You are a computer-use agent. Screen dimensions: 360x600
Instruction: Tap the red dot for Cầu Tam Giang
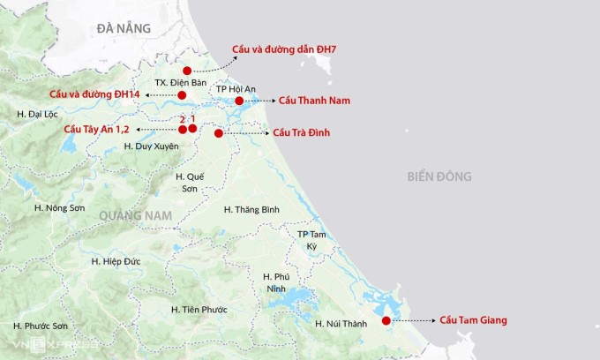tap(386, 320)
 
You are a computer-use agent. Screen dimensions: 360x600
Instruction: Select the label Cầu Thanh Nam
tap(313, 101)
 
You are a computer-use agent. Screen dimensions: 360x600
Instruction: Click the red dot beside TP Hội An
tap(239, 101)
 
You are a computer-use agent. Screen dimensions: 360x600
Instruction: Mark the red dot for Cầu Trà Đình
tap(218, 132)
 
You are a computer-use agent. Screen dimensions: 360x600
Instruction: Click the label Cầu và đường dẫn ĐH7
tap(285, 49)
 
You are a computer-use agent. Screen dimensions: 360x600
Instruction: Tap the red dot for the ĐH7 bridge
tap(187, 71)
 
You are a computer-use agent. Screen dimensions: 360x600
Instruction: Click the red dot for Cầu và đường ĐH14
tap(182, 94)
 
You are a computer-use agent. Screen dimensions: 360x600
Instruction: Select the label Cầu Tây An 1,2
tap(97, 130)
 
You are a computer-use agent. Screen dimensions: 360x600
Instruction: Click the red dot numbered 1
tap(192, 130)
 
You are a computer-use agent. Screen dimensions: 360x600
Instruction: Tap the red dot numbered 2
tap(183, 130)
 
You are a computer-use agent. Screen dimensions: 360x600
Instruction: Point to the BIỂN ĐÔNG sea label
tap(439, 176)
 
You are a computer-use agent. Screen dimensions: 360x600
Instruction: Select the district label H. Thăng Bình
tap(251, 209)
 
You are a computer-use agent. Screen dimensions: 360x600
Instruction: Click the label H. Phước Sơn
tap(41, 326)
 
